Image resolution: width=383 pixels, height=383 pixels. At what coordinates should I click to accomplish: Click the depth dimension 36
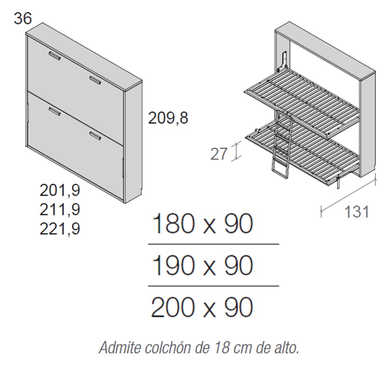pos(23,18)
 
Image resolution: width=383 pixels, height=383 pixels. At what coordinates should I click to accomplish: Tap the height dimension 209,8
pos(168,118)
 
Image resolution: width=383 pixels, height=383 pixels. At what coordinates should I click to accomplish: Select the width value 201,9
pos(60,190)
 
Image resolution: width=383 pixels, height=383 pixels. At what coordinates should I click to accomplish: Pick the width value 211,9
pos(60,210)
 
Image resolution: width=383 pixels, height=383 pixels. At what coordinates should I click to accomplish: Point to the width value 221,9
pos(60,229)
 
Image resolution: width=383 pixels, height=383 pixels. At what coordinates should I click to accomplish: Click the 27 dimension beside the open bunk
pos(219,154)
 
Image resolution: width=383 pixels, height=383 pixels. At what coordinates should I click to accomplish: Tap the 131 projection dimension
pos(357,212)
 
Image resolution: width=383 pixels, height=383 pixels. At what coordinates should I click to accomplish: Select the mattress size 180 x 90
pos(202,224)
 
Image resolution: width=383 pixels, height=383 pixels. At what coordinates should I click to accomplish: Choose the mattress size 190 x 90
pos(202,265)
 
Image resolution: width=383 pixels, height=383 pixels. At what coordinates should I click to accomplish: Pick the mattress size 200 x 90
pos(202,307)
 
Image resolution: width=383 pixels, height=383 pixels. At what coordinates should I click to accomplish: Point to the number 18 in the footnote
pos(222,347)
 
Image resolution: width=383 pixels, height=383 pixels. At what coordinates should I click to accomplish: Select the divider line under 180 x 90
pos(214,244)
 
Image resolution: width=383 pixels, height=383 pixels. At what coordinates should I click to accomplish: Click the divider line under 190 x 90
pos(214,286)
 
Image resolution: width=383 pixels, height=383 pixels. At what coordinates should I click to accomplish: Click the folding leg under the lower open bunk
pos(338,183)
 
